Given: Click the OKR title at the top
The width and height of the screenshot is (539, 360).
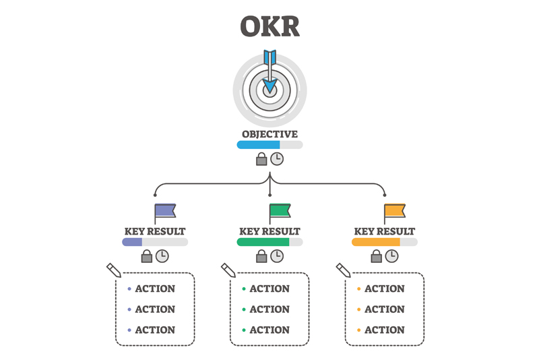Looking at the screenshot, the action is click(x=270, y=26).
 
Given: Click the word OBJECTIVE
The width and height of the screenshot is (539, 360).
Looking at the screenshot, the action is click(x=270, y=134).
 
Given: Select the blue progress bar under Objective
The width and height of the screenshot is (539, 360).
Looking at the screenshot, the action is click(x=270, y=145).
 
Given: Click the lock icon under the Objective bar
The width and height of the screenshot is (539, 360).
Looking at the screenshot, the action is click(x=261, y=159).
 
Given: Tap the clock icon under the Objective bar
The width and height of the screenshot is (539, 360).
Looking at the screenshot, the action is click(x=277, y=159).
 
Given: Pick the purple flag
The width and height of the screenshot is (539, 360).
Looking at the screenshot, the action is click(x=165, y=211).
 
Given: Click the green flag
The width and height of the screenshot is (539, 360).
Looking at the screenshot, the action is click(x=280, y=211).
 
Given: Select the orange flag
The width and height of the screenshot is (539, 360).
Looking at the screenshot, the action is click(x=395, y=211).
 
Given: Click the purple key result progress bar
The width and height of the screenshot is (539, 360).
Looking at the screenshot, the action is click(x=155, y=242).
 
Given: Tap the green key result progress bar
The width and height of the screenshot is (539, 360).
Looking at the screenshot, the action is click(x=270, y=242).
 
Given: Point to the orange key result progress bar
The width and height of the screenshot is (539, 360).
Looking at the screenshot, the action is click(x=385, y=242).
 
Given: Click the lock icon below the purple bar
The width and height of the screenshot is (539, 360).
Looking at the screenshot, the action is click(x=147, y=256).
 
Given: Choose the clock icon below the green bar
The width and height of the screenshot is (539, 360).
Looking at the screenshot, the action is click(x=277, y=256).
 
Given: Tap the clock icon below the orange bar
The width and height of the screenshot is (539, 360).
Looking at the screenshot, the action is click(x=392, y=256).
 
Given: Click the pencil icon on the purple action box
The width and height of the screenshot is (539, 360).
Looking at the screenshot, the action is click(x=114, y=270).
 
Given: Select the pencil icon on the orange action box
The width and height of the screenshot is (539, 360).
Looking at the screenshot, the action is click(x=344, y=270).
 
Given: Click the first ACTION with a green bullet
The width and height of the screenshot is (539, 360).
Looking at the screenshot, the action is click(x=269, y=289).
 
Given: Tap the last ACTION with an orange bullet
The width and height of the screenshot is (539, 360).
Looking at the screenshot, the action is click(x=384, y=330).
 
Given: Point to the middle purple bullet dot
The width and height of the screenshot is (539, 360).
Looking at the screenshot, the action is click(x=129, y=309).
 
